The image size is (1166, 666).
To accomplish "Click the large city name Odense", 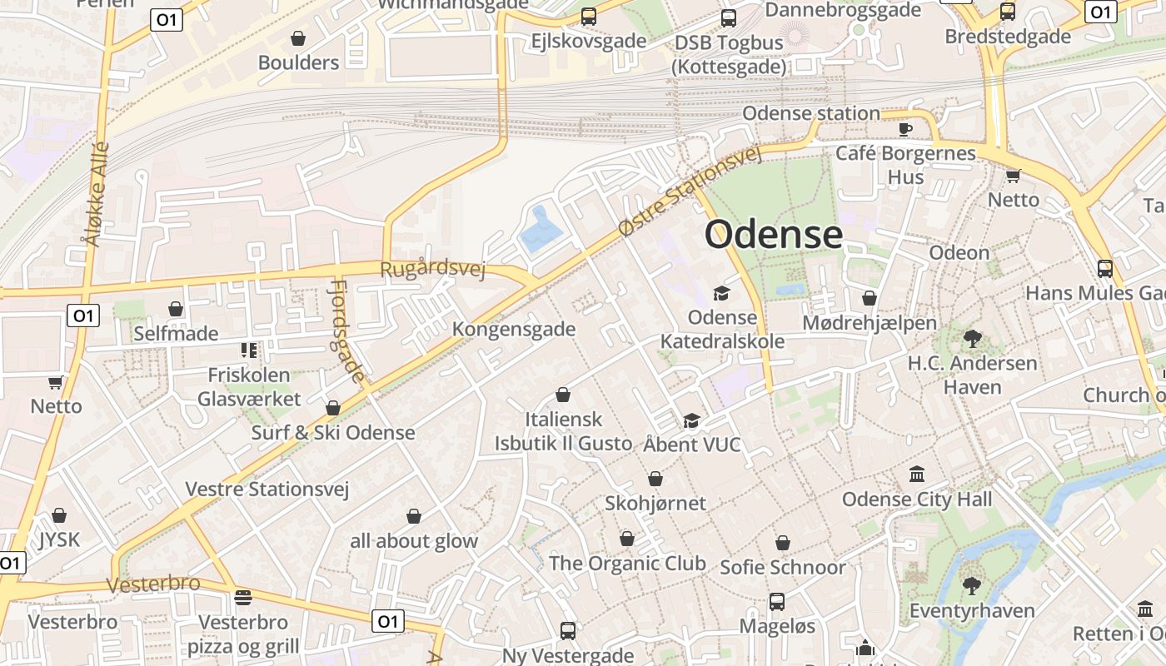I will click(774, 235).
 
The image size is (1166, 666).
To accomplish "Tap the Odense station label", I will click(810, 113).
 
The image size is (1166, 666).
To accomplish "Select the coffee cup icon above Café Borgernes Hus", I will click(905, 129).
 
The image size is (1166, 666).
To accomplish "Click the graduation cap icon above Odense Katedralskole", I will click(721, 294).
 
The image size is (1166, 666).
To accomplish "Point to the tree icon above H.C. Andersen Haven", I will click(972, 339).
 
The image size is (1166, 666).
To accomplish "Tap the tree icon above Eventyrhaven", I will click(971, 585).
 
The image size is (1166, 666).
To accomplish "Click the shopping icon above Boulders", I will click(298, 38).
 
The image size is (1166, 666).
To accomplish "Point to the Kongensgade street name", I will click(514, 329).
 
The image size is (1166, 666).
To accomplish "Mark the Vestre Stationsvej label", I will click(267, 489).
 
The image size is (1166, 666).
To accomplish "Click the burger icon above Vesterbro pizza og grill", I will click(243, 598).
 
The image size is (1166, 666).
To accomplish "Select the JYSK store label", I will click(59, 539).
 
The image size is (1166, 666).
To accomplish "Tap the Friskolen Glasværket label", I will click(249, 387).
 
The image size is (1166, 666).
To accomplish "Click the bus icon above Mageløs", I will click(777, 601).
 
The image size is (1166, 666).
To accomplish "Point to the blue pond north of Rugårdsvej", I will click(541, 230).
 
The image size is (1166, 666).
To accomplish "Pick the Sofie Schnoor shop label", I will click(782, 567).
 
